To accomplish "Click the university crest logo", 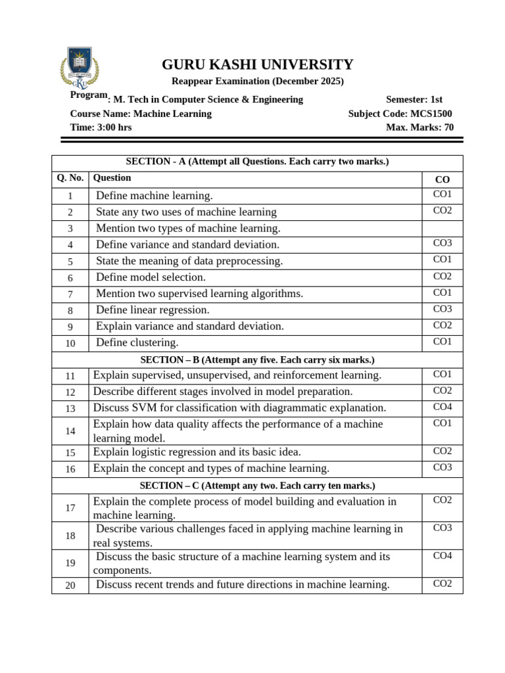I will pos(80,68).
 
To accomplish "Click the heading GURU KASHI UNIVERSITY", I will pos(257,64).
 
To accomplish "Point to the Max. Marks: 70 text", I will pos(420,128).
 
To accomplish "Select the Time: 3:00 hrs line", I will pos(101,128).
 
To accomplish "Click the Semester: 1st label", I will pos(414,99).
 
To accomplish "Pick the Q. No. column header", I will pos(70,178).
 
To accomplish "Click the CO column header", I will pos(442,179).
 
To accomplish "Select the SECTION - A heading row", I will pos(257,162).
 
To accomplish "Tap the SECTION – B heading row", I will pos(257,360).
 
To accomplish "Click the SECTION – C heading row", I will pos(257,486).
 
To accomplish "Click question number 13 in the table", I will pos(70,409).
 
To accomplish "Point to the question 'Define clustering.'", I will pos(137,342).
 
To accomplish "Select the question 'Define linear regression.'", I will pos(153,310).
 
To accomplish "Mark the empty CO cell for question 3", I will pos(442,228).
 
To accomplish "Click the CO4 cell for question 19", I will pos(442,556).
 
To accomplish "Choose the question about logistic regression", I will pos(197,452).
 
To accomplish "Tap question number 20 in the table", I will pos(70,586).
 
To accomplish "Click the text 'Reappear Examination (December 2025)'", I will pos(257,81).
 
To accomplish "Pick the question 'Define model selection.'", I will pos(151,277).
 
